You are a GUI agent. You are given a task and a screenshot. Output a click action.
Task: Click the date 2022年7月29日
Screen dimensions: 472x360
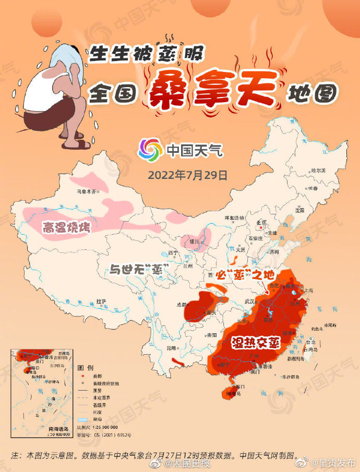188,174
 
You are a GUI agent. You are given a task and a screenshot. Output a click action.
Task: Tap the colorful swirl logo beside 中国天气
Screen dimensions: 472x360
150,150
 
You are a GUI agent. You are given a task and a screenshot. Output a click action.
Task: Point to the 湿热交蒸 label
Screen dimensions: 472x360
256,343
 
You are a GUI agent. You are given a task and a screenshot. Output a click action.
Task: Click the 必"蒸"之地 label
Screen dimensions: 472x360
249,274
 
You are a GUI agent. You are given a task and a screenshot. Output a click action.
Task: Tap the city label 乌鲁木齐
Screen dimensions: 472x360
87,192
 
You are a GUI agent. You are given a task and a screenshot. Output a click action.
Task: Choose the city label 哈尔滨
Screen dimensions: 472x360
317,171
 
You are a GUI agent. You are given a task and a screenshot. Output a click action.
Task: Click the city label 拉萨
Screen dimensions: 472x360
101,301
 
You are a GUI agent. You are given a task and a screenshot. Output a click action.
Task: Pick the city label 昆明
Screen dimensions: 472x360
171,348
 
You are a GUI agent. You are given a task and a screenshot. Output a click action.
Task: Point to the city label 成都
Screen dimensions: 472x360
180,305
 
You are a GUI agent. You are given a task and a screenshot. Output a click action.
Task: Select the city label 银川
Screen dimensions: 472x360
194,241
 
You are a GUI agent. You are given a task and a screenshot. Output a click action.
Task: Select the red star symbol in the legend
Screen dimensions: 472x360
82,375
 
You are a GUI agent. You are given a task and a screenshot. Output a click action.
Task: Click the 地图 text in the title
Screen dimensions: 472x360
310,94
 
